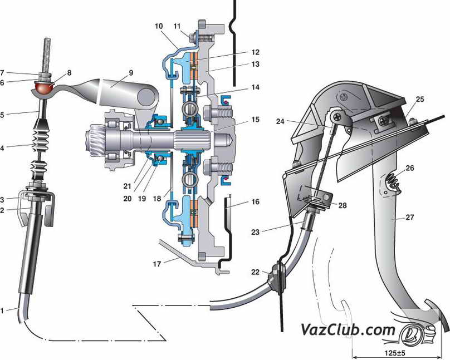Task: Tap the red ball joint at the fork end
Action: [42, 88]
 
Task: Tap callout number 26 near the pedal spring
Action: [410, 167]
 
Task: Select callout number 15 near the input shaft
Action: [256, 119]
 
